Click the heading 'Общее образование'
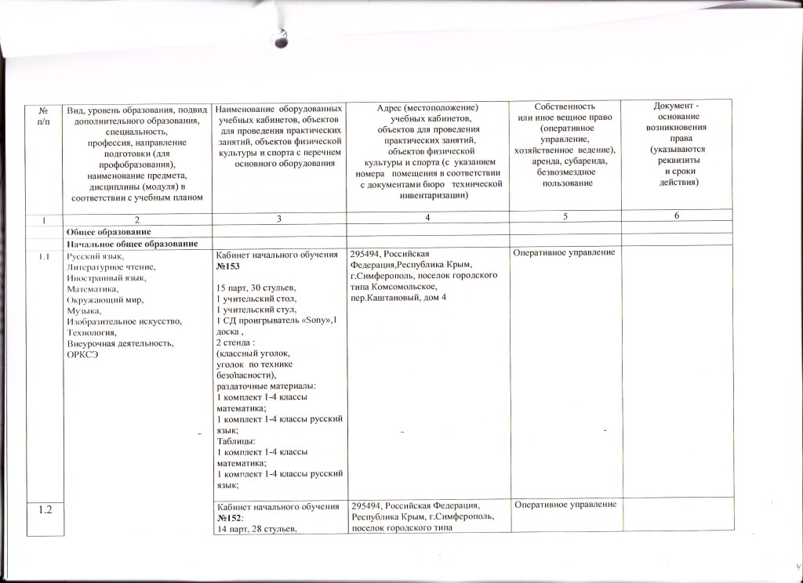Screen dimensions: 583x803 [x=107, y=232]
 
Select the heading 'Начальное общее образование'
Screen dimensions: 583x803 [x=131, y=244]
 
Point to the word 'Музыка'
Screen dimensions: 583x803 [x=84, y=311]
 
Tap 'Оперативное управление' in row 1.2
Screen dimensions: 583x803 [x=565, y=504]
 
